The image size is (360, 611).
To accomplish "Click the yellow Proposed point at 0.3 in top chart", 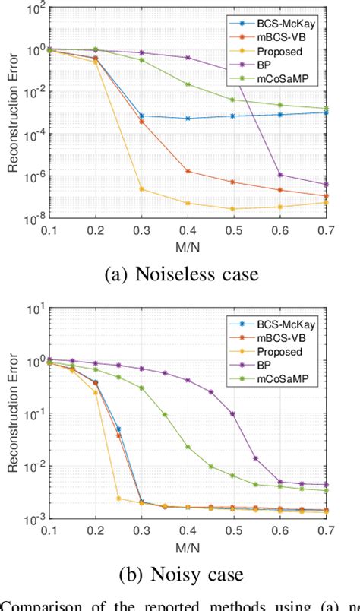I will pyautogui.click(x=141, y=188).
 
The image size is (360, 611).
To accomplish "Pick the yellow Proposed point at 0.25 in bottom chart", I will pyautogui.click(x=118, y=499).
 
